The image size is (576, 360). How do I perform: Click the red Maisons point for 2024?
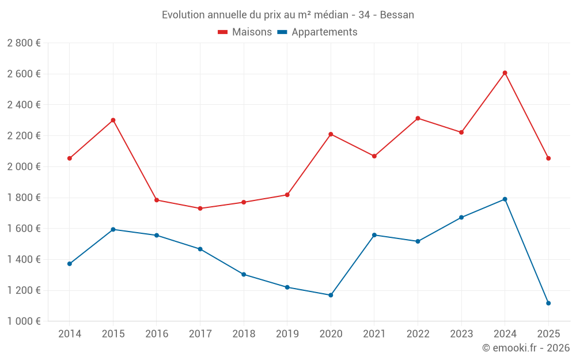click(505, 73)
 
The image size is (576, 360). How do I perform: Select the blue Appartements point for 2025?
click(548, 303)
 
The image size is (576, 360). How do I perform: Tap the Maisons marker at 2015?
click(113, 120)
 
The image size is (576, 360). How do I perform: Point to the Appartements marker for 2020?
click(331, 295)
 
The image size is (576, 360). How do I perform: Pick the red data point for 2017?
click(200, 209)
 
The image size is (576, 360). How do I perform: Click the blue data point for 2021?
click(374, 235)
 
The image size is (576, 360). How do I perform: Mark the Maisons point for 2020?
click(331, 134)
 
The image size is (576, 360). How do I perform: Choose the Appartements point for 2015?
click(113, 229)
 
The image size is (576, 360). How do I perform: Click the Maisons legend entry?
click(245, 32)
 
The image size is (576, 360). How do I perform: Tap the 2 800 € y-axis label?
click(24, 43)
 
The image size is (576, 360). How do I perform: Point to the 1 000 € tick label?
click(24, 321)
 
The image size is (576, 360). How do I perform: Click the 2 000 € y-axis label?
click(24, 166)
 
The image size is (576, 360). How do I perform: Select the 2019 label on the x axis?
click(287, 334)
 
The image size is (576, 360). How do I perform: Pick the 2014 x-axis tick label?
click(70, 334)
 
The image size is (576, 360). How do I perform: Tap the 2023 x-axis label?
click(461, 334)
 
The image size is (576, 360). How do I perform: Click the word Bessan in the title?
click(397, 15)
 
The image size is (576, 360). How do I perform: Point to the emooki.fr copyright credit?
click(525, 348)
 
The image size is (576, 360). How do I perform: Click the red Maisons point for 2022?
click(418, 118)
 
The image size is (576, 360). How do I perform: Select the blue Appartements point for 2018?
click(244, 274)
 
